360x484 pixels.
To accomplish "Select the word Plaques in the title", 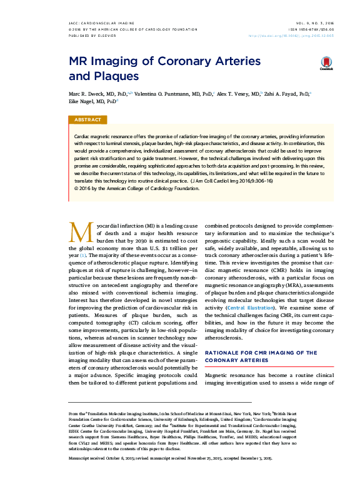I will pyautogui.click(x=115, y=76).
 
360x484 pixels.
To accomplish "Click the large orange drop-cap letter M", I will pyautogui.click(x=79, y=232).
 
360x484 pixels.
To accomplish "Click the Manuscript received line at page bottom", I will pyautogui.click(x=170, y=459).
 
